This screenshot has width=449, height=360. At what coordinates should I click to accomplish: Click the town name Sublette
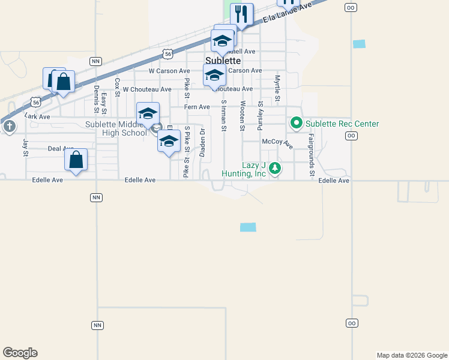[223, 61]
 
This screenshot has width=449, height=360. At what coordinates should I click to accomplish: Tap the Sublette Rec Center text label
[342, 124]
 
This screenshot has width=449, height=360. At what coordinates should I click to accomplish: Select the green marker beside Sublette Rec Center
[296, 124]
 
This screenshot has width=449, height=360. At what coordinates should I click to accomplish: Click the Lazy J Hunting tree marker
[275, 168]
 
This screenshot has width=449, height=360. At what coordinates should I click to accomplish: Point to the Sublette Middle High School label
[116, 128]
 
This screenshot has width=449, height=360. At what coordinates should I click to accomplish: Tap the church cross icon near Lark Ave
[9, 127]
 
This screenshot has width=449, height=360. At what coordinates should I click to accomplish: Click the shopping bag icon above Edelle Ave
[76, 160]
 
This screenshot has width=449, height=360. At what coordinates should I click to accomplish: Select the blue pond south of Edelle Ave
[248, 227]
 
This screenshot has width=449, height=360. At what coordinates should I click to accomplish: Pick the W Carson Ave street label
[169, 71]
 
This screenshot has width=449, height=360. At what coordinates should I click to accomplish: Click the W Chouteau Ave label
[146, 89]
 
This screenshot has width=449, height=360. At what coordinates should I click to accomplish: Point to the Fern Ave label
[197, 107]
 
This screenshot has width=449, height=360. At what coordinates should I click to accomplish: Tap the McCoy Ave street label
[277, 142]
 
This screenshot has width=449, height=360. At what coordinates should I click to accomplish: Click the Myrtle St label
[277, 88]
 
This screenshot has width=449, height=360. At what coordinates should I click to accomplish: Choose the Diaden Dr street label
[203, 141]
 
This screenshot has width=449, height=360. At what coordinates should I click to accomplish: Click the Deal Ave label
[61, 148]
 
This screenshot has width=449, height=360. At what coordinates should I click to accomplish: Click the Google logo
[20, 353]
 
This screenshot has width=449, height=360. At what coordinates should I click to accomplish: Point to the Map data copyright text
[411, 355]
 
